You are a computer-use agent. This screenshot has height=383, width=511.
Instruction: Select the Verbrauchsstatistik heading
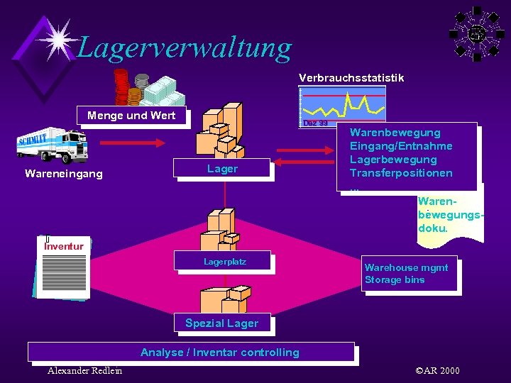(351, 77)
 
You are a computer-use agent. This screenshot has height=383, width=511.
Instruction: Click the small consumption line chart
(343, 104)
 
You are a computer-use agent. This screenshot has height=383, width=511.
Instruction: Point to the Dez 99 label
(315, 123)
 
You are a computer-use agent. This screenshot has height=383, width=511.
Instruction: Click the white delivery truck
(62, 146)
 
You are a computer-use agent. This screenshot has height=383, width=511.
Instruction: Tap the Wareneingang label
(63, 173)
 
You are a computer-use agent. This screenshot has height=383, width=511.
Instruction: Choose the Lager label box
(222, 169)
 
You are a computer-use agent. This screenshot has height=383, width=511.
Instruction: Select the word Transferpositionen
(400, 173)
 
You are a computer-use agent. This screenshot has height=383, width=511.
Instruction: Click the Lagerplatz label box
(224, 262)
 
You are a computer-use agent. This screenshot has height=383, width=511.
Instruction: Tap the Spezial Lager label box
(221, 323)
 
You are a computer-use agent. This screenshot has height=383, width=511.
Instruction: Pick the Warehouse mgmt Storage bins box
(408, 274)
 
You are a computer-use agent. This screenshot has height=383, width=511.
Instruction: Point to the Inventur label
(64, 246)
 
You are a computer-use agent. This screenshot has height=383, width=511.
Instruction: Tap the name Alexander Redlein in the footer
(84, 371)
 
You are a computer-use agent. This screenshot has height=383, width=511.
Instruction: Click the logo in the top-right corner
(477, 33)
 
